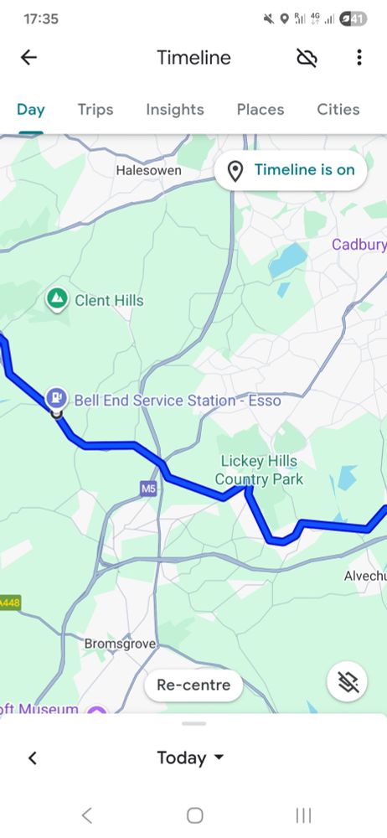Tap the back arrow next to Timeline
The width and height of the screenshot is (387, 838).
click(x=29, y=58)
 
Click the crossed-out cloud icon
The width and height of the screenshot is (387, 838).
click(x=307, y=58)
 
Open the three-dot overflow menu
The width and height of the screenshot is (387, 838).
click(x=359, y=58)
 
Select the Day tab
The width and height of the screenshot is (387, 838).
click(x=31, y=110)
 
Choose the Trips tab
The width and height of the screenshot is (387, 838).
click(x=95, y=110)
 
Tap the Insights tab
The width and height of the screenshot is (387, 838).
click(x=175, y=110)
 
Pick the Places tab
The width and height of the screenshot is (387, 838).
click(x=261, y=110)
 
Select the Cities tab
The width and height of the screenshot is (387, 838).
click(x=338, y=110)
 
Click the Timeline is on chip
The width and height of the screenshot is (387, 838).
click(x=291, y=170)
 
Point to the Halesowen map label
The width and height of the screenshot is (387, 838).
click(x=148, y=170)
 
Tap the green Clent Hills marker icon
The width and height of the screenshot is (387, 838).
click(x=57, y=299)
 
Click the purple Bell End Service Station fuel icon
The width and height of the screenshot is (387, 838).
click(x=57, y=396)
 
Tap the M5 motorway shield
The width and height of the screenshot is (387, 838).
click(x=148, y=488)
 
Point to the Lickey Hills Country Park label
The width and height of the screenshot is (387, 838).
click(x=259, y=470)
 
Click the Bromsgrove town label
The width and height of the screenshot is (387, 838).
click(x=121, y=644)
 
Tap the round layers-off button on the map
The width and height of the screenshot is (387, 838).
click(x=348, y=683)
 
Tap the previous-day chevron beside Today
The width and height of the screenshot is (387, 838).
click(x=33, y=758)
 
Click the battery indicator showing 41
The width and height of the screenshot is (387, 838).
click(x=355, y=18)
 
